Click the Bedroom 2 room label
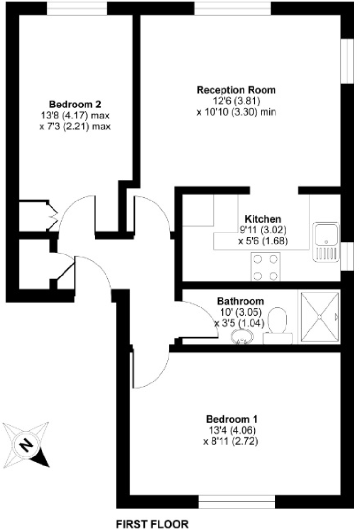coord(75,104)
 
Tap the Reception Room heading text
coord(236,90)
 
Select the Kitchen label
coord(263,219)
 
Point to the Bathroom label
coord(240,301)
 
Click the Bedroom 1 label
coord(232,419)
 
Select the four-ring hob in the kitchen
coord(265,267)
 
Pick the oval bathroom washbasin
coord(242,337)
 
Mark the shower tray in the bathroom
coord(319,317)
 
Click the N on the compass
coord(25,445)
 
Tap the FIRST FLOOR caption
coord(152,524)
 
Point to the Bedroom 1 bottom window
coord(236,502)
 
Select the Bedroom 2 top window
coord(77,9)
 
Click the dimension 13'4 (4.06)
coord(232,430)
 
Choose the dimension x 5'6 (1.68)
coord(263,241)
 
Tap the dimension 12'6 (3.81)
coord(236,101)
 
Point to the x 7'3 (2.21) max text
coord(75,127)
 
